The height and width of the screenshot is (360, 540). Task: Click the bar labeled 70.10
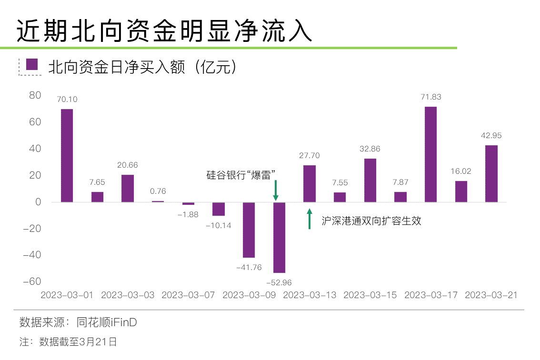(67, 155)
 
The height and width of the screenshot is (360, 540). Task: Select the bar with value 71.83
(430, 154)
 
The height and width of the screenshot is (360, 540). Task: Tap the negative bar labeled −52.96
(279, 237)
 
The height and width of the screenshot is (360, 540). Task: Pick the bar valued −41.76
(249, 230)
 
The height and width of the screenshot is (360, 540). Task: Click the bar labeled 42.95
(491, 173)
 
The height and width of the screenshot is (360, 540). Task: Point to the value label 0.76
(158, 191)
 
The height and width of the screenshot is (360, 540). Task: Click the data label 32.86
(370, 149)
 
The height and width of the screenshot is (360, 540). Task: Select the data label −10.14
(219, 225)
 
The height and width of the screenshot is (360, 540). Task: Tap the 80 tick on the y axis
(35, 95)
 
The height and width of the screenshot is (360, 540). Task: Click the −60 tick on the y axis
(32, 281)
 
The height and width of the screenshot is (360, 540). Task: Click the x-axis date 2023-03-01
(67, 295)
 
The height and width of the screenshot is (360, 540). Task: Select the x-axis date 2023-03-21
(491, 295)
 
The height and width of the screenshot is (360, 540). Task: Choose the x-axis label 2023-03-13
(310, 295)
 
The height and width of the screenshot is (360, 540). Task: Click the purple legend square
(32, 65)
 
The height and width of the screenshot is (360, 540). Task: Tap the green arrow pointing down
(275, 190)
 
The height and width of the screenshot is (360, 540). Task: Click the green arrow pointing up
(309, 219)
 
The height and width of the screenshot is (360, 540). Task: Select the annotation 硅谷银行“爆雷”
(241, 175)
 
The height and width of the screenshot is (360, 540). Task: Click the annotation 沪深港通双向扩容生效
(371, 221)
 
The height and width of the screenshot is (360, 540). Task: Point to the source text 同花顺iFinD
(107, 322)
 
